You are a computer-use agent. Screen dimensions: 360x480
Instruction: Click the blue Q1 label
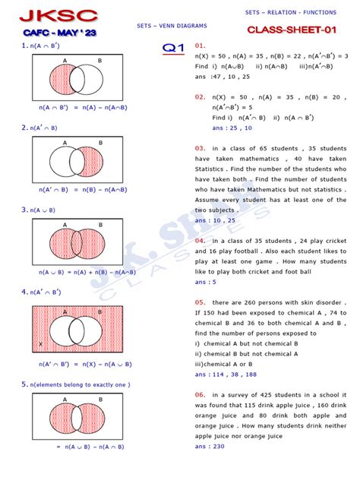174,48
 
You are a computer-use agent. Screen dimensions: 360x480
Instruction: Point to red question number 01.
200,46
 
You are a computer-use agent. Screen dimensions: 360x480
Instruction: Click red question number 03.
200,147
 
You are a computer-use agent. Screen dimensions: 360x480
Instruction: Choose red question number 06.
200,395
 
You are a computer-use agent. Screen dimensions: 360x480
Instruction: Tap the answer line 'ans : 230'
210,446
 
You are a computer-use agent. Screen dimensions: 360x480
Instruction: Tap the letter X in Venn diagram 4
39,344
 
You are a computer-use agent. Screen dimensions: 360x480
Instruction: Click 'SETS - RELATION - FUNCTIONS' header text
291,13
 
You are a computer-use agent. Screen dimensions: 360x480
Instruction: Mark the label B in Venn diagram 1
99,60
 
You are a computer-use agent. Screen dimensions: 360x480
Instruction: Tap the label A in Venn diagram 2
65,142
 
